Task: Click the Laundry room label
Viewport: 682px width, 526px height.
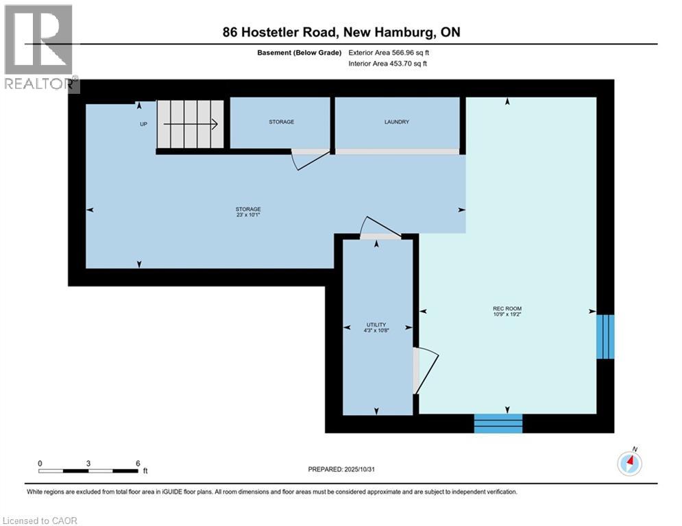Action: click(397, 122)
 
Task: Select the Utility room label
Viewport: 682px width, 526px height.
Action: click(376, 325)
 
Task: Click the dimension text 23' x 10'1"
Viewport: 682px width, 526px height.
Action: click(248, 215)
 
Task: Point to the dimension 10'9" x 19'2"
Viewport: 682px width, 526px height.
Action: click(507, 315)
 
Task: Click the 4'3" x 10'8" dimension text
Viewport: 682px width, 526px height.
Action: click(376, 331)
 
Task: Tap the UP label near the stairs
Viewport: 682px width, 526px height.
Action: click(143, 124)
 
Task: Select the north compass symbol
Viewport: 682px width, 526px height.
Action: click(629, 463)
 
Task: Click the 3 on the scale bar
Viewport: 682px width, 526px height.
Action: click(88, 463)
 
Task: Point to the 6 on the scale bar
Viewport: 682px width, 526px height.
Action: click(138, 463)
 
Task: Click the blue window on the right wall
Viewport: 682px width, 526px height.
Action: click(605, 336)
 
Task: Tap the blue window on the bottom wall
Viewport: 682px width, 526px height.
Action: click(498, 423)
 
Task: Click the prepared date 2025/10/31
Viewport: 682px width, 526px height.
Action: click(364, 469)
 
